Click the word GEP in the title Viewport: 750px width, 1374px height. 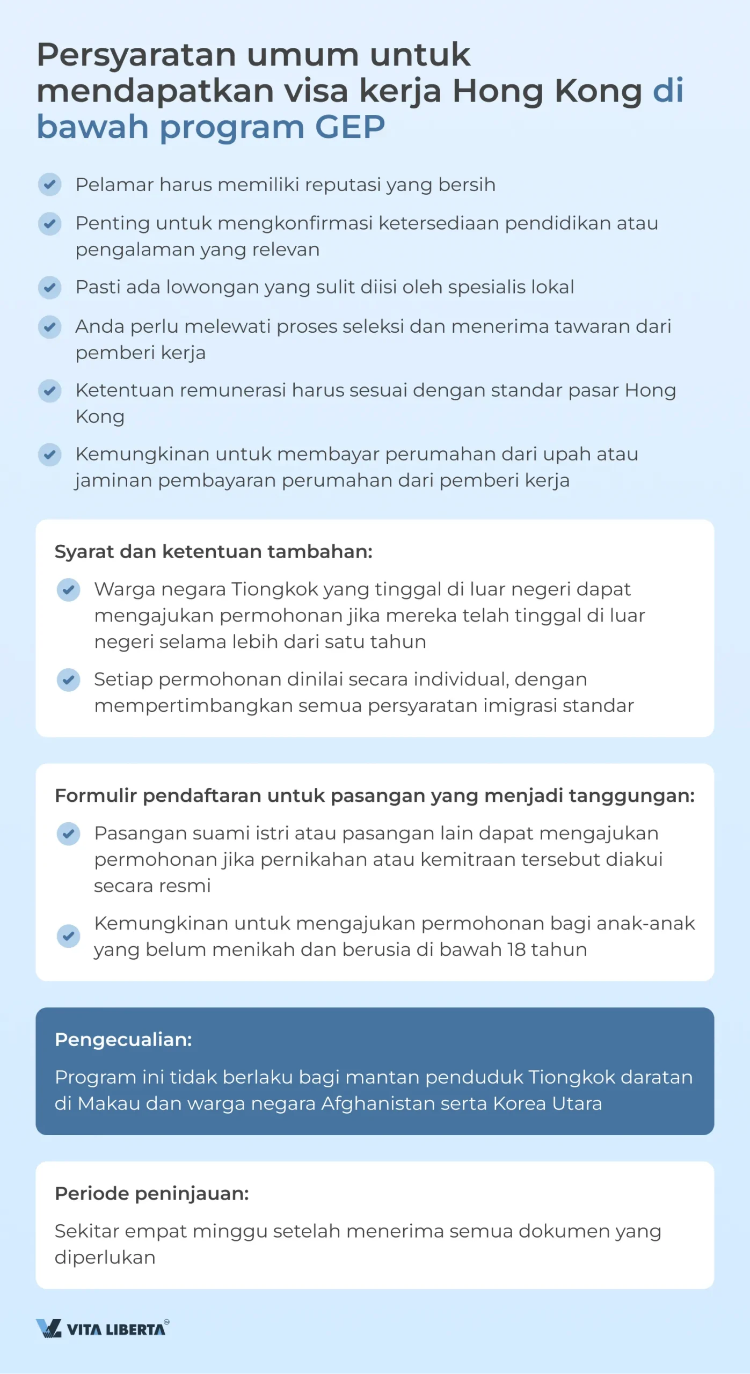coord(349,127)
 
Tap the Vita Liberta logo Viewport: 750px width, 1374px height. coord(103,1328)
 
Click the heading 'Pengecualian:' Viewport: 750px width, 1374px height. coord(123,1040)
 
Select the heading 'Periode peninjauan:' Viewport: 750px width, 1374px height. coord(152,1193)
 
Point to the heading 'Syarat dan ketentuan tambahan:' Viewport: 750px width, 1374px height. coord(214,551)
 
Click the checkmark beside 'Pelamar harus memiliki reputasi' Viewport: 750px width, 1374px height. coord(49,185)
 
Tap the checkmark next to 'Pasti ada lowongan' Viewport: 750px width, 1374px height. coord(49,288)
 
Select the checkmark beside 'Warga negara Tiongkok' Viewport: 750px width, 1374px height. coord(68,590)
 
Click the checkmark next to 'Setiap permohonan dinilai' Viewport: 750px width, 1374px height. coord(68,680)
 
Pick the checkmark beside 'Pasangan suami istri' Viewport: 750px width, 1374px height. coord(68,834)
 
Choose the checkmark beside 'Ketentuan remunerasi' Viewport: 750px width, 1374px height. coord(49,391)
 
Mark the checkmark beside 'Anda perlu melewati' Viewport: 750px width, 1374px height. coord(49,327)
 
